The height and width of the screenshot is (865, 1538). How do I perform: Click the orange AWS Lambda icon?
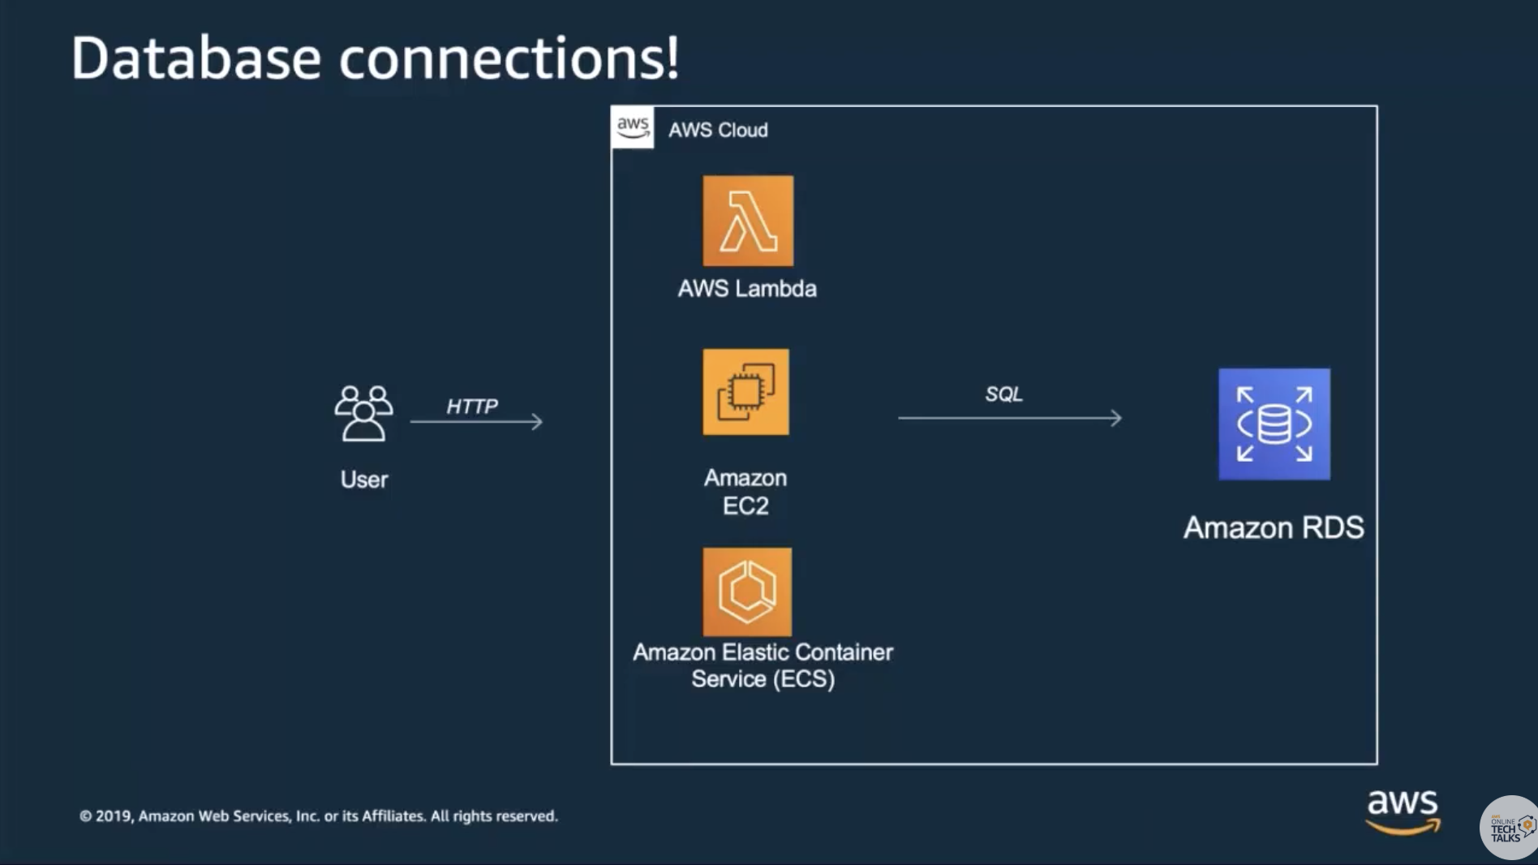coord(748,221)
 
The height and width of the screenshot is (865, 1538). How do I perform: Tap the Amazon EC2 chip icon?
coord(745,392)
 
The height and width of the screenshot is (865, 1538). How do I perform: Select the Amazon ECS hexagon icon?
coord(747,592)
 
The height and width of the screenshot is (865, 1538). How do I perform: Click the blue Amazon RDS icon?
coord(1274,424)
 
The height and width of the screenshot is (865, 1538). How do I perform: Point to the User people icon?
coord(363,413)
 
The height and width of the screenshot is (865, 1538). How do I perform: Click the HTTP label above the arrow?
coord(472,406)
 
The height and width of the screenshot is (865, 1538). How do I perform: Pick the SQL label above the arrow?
coord(1003,394)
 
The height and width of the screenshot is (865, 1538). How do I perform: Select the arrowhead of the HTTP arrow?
coord(537,421)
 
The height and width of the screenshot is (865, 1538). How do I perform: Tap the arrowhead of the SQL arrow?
coord(1117,418)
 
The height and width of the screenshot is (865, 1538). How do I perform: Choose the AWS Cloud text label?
coord(718,130)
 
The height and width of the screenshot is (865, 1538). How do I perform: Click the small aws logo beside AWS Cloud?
coord(633,127)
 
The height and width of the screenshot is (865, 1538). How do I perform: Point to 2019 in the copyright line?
coord(114,816)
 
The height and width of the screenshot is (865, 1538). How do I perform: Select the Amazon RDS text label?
coord(1274,527)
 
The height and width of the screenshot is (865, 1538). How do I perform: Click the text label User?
coord(364,480)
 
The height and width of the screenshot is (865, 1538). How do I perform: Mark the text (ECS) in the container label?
coord(804,679)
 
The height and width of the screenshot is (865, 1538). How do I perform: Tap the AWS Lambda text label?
coord(747,289)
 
